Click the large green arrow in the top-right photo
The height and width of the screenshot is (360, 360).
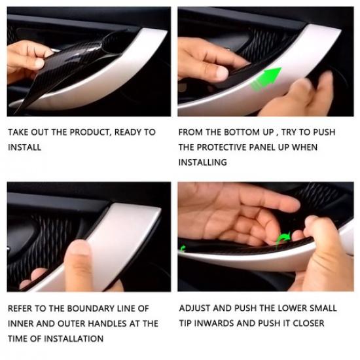point(268,78)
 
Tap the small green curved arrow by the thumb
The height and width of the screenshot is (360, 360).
point(285,239)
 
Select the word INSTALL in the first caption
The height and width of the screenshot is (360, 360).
point(24,147)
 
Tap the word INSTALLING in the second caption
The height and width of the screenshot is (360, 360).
point(202,162)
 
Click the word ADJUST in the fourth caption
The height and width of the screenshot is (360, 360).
point(195,308)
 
